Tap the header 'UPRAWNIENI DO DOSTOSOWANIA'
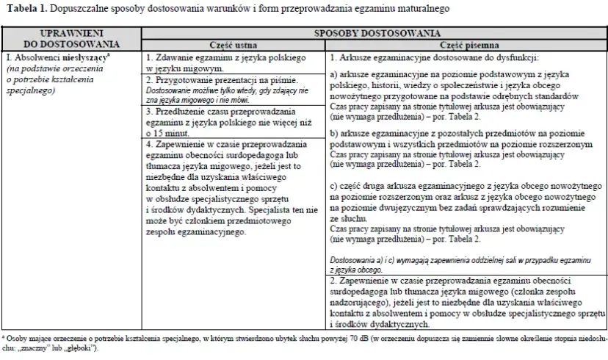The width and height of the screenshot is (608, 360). pyautogui.click(x=70, y=38)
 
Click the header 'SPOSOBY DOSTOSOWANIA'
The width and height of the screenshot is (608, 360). pyautogui.click(x=377, y=33)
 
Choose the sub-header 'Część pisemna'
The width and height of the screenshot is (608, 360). pyautogui.click(x=466, y=43)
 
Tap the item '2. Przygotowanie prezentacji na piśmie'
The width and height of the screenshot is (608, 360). pyautogui.click(x=221, y=79)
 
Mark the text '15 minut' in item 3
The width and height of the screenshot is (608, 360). pyautogui.click(x=172, y=134)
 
